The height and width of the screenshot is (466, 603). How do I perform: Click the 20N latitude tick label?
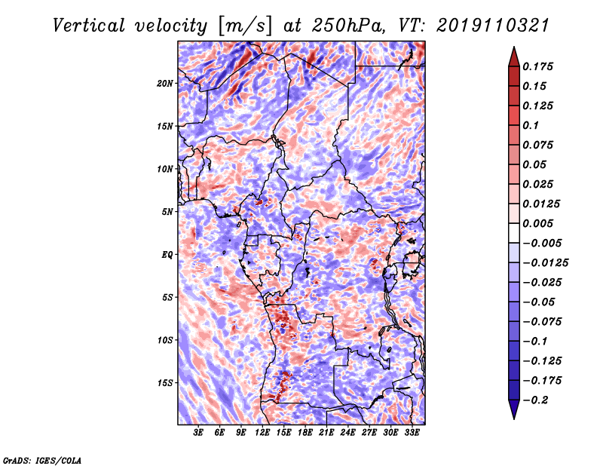pyautogui.click(x=165, y=84)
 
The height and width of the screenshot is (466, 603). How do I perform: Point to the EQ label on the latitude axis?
pyautogui.click(x=167, y=255)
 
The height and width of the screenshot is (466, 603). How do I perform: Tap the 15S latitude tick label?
pyautogui.click(x=165, y=383)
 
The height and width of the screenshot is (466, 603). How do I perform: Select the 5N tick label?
pyautogui.click(x=167, y=212)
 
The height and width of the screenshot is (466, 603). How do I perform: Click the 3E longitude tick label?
pyautogui.click(x=198, y=433)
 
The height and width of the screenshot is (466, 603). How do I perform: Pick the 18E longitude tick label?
pyautogui.click(x=305, y=433)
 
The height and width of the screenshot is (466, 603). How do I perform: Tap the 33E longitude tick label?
pyautogui.click(x=412, y=433)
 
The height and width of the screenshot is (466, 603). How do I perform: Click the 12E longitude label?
pyautogui.click(x=262, y=433)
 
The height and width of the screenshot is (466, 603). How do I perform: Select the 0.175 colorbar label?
pyautogui.click(x=538, y=66)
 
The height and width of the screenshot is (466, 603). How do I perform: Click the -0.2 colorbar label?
pyautogui.click(x=535, y=400)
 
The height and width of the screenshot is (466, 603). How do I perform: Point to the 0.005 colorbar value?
pyautogui.click(x=538, y=223)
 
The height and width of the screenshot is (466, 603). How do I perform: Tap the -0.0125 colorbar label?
pyautogui.click(x=545, y=263)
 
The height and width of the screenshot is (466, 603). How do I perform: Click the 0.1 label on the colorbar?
pyautogui.click(x=531, y=125)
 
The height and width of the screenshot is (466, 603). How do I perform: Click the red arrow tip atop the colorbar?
pyautogui.click(x=514, y=48)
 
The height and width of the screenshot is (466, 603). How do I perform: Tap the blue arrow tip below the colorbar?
pyautogui.click(x=514, y=418)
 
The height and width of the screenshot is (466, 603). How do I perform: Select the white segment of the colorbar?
pyautogui.click(x=514, y=233)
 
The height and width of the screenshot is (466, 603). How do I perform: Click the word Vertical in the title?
pyautogui.click(x=89, y=26)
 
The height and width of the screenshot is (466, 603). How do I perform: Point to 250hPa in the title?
pyautogui.click(x=347, y=26)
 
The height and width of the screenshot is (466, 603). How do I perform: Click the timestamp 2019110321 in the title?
pyautogui.click(x=493, y=26)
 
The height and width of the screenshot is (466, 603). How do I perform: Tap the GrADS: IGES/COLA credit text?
pyautogui.click(x=42, y=461)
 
